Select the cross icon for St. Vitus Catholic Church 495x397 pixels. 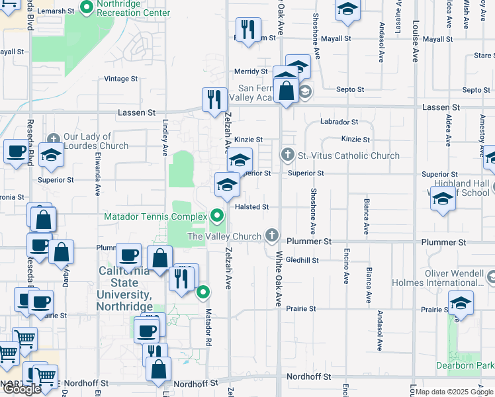point(287,155)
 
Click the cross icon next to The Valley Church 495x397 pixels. point(271,236)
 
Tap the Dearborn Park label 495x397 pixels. point(465,365)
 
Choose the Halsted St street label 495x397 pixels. point(252,206)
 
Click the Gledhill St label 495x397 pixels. point(302,260)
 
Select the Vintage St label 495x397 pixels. point(121,78)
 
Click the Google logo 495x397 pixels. point(21,388)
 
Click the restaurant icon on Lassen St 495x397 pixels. point(214,100)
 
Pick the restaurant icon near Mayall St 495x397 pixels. point(248,29)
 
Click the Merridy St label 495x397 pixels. point(250,71)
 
